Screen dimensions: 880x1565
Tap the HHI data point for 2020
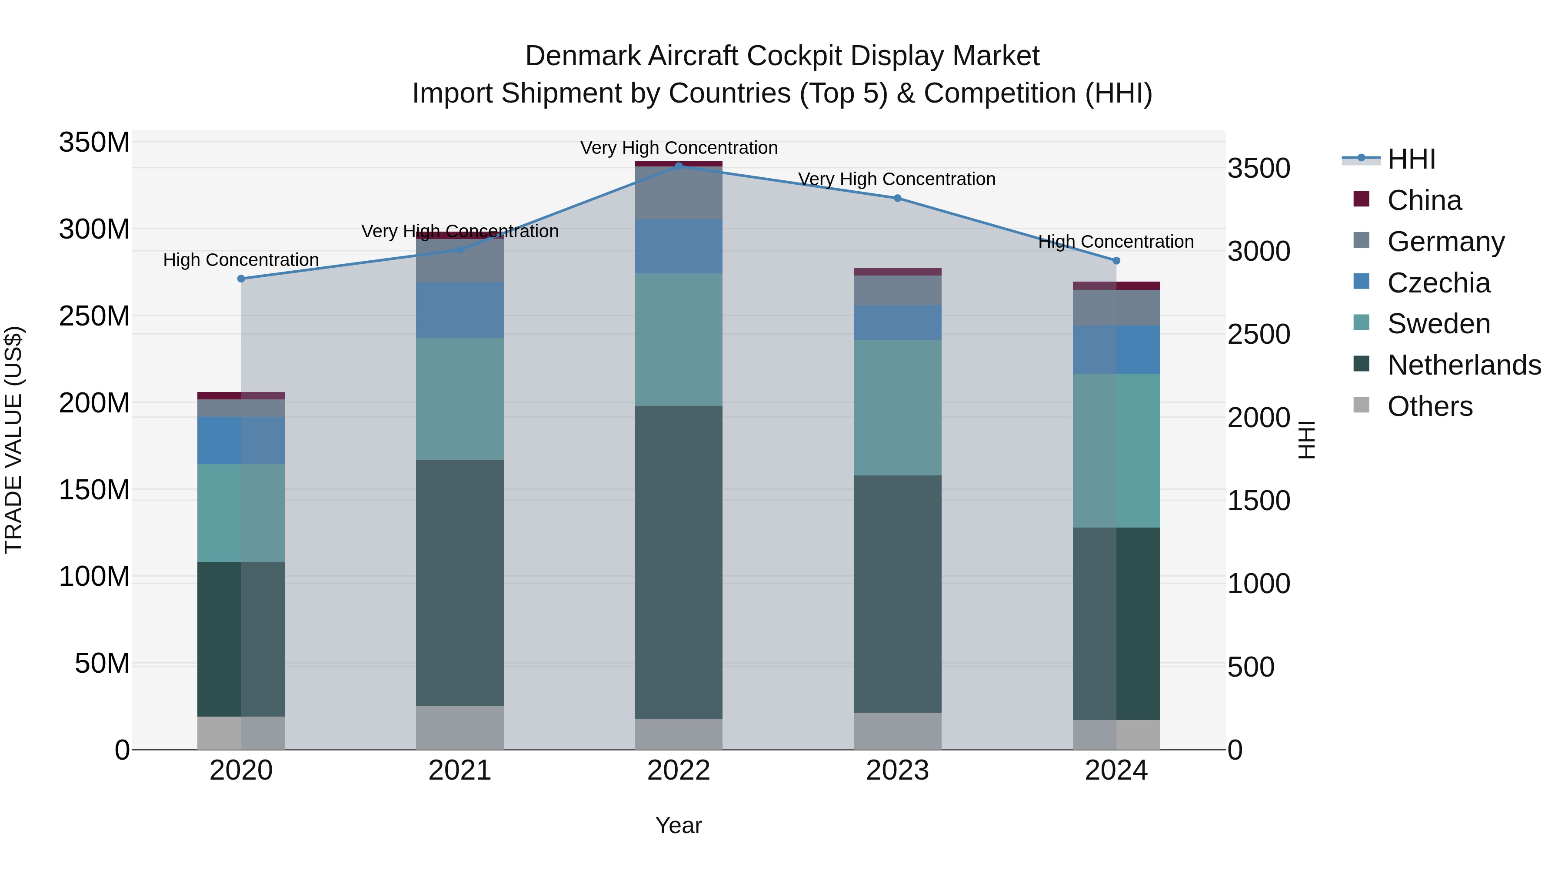[x=241, y=279]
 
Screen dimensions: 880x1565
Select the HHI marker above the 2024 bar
[x=1116, y=261]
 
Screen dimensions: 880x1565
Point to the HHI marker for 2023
[x=897, y=198]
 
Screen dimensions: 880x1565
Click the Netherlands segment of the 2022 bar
[x=679, y=562]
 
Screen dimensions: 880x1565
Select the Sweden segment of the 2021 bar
[x=460, y=398]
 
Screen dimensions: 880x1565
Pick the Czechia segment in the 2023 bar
[x=897, y=322]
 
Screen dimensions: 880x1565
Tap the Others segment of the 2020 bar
[x=241, y=733]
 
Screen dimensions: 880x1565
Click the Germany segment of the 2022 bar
[x=679, y=193]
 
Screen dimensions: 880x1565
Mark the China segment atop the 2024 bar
[x=1116, y=286]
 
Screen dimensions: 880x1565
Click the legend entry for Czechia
[x=1438, y=283]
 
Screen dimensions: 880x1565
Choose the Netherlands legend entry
[x=1464, y=365]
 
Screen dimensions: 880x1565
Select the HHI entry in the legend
[x=1411, y=159]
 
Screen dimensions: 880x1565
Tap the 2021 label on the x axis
[x=460, y=770]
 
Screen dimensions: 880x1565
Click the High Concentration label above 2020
[x=241, y=260]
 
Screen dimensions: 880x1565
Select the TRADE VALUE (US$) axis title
[x=13, y=440]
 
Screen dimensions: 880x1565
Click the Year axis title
[x=679, y=825]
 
